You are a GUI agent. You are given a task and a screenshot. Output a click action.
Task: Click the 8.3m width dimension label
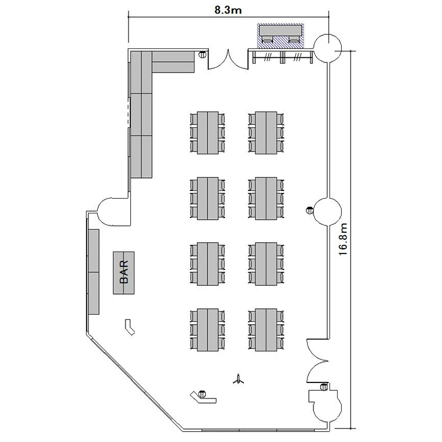228,10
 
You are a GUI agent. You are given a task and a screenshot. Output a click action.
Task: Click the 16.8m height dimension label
343,239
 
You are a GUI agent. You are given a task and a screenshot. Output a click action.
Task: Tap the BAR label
124,272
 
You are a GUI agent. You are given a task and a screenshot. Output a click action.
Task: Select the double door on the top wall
228,59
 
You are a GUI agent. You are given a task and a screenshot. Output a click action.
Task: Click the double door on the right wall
318,361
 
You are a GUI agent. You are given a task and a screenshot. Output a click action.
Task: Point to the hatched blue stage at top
281,35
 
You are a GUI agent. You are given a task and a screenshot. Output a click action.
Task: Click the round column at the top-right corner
328,48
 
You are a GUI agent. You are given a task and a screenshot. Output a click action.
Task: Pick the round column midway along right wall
328,212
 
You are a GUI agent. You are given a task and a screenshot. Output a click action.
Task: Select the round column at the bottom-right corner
328,408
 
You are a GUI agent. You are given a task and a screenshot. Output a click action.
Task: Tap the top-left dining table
208,133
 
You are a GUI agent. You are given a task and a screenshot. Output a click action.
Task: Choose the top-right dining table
266,133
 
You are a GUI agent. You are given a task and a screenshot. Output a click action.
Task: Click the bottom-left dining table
208,330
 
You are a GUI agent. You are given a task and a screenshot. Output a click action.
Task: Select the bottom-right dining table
266,330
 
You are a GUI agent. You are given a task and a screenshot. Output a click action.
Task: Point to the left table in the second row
208,199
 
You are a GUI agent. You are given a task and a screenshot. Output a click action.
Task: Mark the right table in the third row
266,264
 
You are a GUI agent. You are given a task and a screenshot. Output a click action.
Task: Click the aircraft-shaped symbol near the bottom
239,379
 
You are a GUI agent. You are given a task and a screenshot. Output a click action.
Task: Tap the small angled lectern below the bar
130,327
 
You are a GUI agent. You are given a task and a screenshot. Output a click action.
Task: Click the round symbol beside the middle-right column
309,210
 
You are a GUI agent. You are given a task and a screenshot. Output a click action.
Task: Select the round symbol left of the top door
202,54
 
